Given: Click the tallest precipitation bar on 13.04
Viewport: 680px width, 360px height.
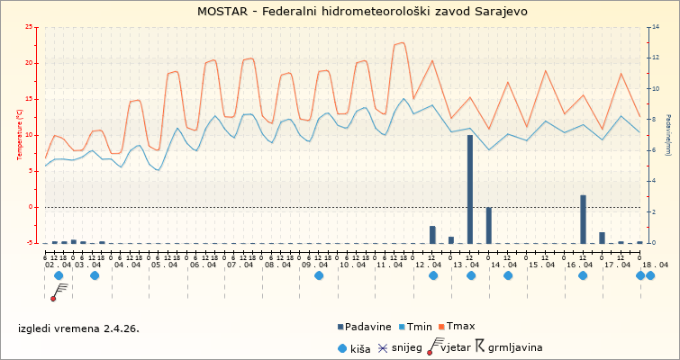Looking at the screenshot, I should pos(470,189).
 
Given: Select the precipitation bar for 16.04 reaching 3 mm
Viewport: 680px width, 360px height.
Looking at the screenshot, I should pos(583,219).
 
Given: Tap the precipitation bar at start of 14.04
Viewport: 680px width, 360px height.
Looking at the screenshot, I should pos(489,225).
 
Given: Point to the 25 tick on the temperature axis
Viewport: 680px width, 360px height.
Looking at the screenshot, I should pos(32,27).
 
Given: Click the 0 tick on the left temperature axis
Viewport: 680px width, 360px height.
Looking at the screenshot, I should pos(33,207).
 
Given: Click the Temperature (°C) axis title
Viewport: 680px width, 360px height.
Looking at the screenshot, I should pos(20,135).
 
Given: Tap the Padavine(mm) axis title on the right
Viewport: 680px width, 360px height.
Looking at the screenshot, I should pos(668,135).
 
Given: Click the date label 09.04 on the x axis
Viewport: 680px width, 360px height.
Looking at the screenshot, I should pos(315,265).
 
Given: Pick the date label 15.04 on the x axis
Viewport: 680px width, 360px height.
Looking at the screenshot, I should pos(542,265).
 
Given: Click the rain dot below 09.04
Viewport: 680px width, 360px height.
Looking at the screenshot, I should pos(319,275).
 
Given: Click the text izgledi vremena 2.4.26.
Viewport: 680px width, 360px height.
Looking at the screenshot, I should pos(78,328).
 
